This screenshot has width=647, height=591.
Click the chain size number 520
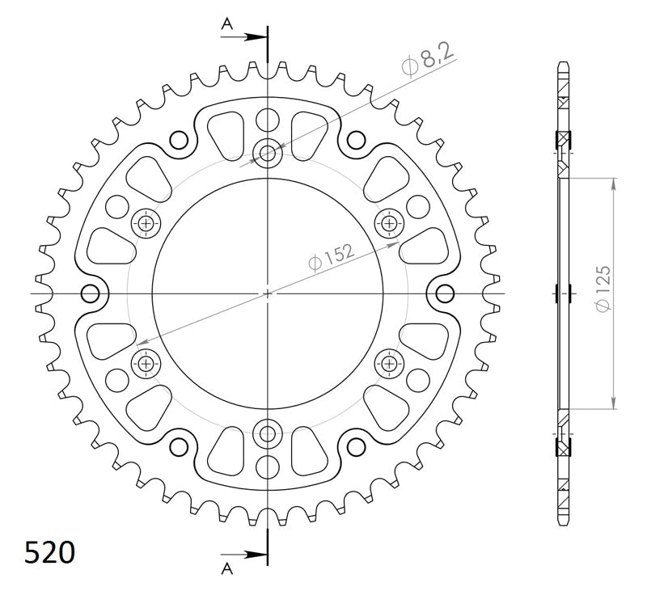pos(50,552)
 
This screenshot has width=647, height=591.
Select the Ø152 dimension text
pos(331,259)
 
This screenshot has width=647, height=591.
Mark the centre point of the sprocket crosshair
pos(269,293)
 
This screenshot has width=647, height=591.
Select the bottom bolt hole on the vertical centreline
pos(269,433)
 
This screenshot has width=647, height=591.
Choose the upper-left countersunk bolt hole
pos(146,222)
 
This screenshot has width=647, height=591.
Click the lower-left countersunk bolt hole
pos(146,363)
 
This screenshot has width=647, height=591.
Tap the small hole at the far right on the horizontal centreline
pos(446,293)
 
